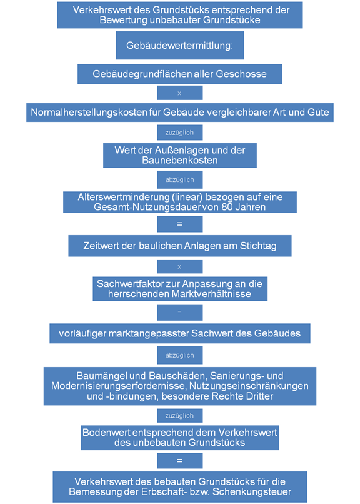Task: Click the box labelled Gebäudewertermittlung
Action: pos(180,45)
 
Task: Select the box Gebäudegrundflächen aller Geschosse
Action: pos(180,74)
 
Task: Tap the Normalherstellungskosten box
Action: pos(180,113)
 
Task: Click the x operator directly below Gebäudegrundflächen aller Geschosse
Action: pos(180,93)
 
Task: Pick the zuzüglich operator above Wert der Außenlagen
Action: pos(180,133)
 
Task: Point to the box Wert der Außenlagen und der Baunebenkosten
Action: pos(180,155)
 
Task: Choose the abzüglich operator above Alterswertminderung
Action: pos(180,179)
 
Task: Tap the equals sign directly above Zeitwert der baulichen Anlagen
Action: pos(180,224)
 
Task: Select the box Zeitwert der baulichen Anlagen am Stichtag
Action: pos(180,246)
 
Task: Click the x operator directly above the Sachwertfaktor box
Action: pos(180,266)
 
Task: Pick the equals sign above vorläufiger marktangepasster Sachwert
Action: pos(180,313)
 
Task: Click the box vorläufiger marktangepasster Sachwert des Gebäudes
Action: pos(180,333)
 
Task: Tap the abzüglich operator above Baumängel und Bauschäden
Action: pos(180,355)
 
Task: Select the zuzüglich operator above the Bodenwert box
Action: pos(180,416)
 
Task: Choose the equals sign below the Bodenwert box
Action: pos(180,461)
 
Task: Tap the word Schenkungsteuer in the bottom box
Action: pos(252,492)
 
